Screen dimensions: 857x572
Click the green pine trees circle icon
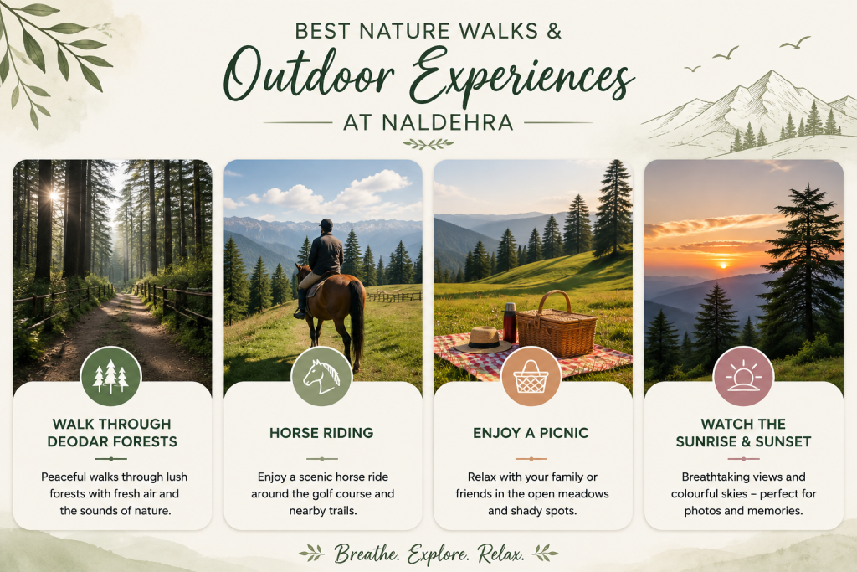coord(111,376)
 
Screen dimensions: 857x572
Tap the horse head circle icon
coord(321,376)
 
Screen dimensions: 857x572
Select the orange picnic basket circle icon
coord(531,376)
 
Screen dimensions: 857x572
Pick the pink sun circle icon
coord(743,376)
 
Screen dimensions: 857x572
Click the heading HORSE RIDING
coord(321,433)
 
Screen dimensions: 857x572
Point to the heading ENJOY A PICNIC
coord(531,433)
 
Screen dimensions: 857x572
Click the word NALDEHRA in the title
coord(448,122)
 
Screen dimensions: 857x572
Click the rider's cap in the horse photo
coord(326,224)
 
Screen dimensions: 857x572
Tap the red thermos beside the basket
coord(510,322)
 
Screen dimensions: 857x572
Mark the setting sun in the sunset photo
coord(724,265)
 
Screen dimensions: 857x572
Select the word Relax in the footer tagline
coord(500,554)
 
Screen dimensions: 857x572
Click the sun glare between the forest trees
coord(54,194)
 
